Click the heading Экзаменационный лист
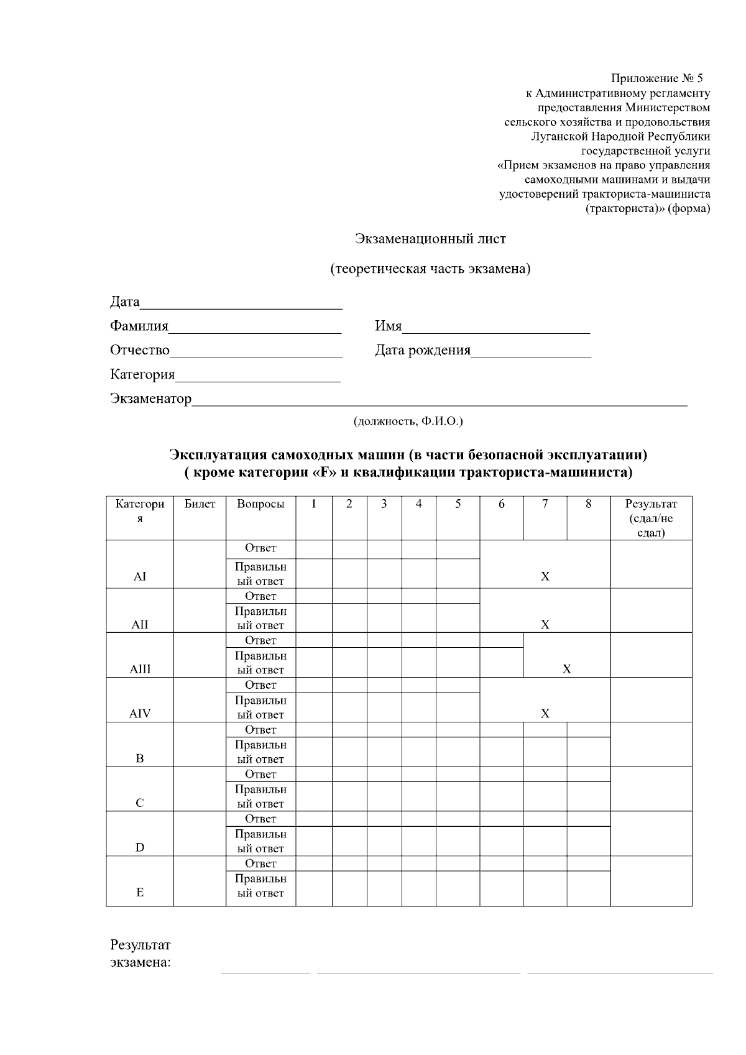430,239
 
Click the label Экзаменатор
150,399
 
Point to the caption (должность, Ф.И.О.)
408,422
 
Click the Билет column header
200,504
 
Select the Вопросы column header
260,504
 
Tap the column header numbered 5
458,504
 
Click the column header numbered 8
588,504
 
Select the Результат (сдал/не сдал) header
651,518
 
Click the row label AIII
140,670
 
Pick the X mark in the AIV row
545,714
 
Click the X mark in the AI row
545,576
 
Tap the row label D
140,847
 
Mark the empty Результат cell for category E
651,881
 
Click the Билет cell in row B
200,744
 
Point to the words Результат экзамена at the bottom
140,954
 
